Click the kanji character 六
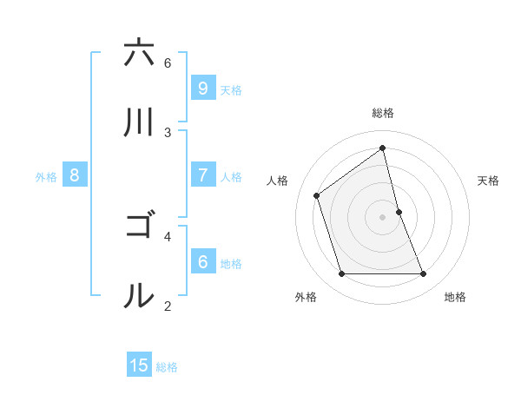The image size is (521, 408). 139,53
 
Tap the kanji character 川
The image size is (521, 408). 139,122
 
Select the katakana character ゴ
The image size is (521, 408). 139,227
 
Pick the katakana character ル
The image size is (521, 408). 139,296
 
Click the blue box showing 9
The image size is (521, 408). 202,88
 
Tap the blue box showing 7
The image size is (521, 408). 202,174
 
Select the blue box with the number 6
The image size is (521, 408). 202,261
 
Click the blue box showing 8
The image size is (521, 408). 75,174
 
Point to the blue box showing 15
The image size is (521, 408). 139,365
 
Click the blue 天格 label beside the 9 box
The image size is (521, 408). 230,89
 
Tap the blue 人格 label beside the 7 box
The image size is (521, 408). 230,176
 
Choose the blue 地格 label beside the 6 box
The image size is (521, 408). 230,263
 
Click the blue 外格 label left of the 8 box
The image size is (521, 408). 46,176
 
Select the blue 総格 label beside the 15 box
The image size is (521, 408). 167,367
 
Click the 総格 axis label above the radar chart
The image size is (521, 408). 383,113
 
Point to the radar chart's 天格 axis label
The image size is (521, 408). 489,181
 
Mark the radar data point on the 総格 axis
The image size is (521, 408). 383,148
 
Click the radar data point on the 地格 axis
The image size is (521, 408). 424,274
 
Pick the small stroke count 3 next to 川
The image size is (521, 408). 168,132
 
